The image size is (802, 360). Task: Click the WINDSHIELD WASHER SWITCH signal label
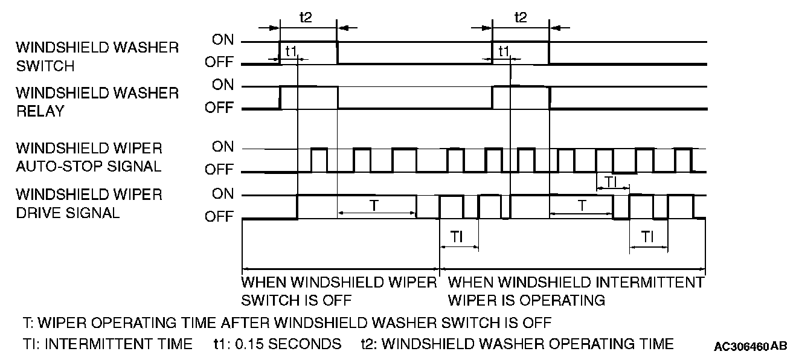[97, 56]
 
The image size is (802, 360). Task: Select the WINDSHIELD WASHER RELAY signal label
[97, 101]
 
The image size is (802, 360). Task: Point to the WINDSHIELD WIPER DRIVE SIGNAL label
[89, 204]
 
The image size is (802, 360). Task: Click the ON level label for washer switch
[222, 40]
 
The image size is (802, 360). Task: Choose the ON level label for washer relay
[222, 86]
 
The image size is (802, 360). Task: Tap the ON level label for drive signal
[222, 194]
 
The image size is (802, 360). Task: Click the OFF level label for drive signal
[219, 216]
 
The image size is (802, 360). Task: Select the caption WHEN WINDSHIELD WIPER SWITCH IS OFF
[339, 291]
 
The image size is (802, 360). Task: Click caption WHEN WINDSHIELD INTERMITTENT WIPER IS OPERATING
[576, 291]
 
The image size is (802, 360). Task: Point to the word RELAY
[40, 111]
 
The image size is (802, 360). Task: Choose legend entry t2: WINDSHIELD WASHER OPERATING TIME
[517, 344]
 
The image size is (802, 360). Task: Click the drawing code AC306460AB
[750, 347]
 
